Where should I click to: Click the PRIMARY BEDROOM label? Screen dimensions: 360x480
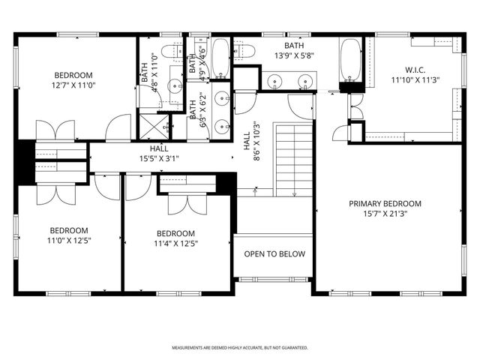pyautogui.click(x=385, y=204)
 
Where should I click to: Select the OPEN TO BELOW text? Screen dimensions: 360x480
pyautogui.click(x=274, y=253)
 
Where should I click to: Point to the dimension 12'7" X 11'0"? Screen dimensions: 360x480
pyautogui.click(x=73, y=85)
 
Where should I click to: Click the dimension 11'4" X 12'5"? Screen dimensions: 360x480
pyautogui.click(x=175, y=243)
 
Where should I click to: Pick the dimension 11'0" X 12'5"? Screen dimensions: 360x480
pyautogui.click(x=69, y=241)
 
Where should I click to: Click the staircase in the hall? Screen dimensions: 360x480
pyautogui.click(x=294, y=160)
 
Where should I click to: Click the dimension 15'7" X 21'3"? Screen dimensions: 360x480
pyautogui.click(x=385, y=214)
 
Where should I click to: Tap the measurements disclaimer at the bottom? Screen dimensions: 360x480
pyautogui.click(x=240, y=348)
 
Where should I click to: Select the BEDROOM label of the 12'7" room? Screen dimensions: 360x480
pyautogui.click(x=73, y=75)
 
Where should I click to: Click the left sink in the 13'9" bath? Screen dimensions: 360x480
pyautogui.click(x=275, y=80)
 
